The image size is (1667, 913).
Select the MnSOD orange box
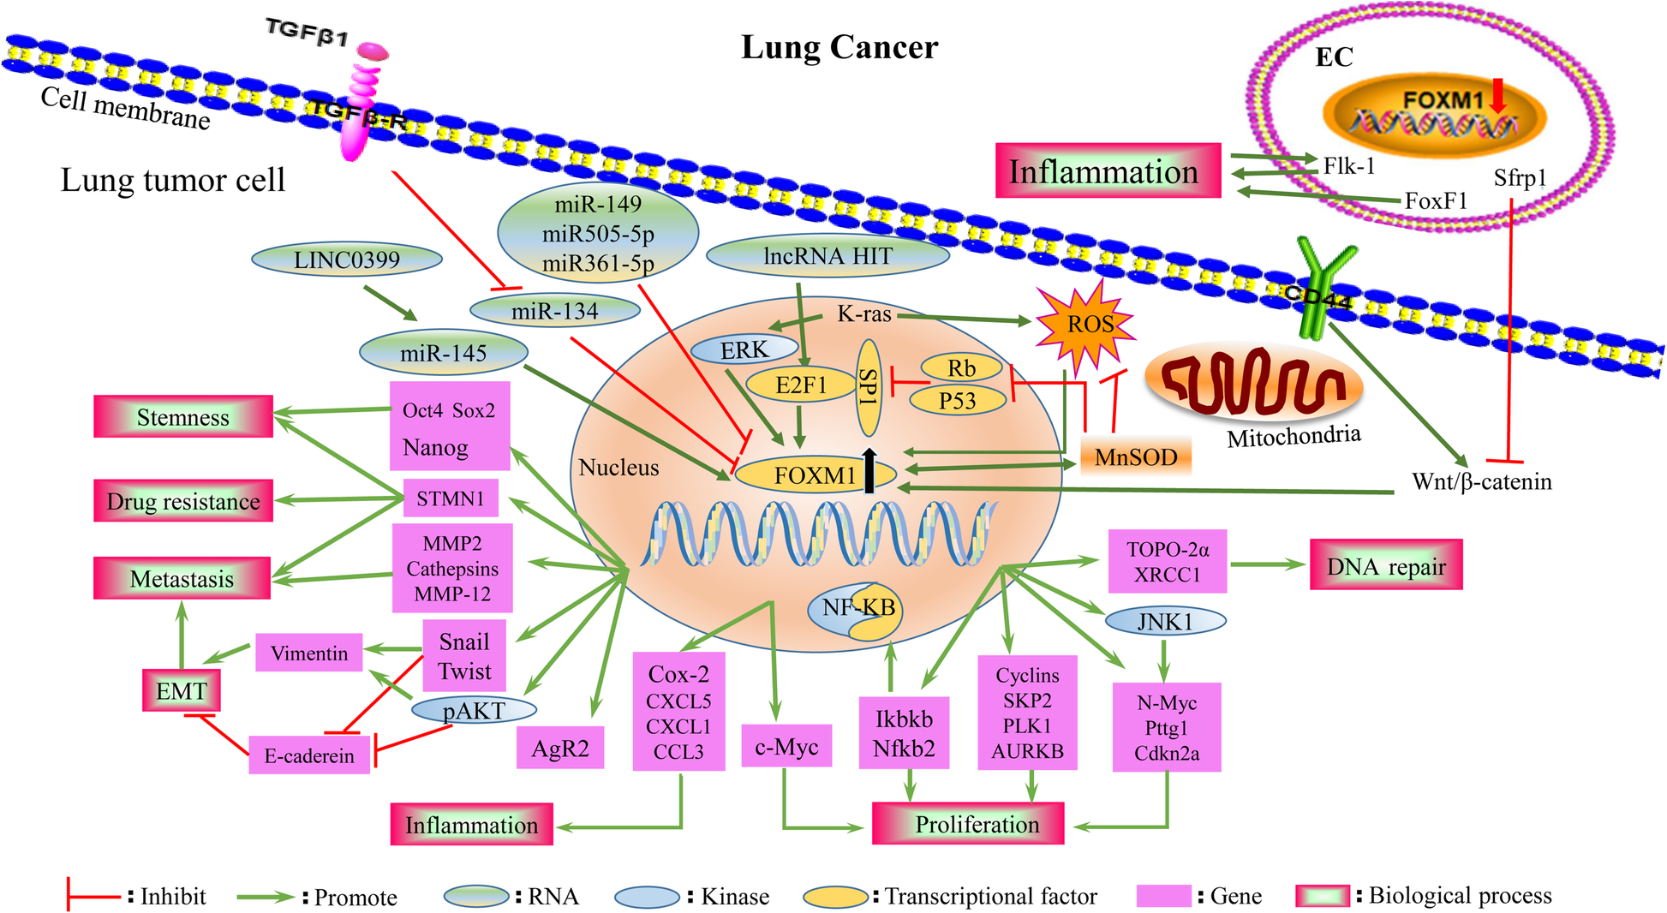pyautogui.click(x=1136, y=457)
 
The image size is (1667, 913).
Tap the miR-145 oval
pyautogui.click(x=444, y=353)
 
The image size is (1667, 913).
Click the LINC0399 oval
pyautogui.click(x=347, y=260)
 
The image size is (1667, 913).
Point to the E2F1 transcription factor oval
pyautogui.click(x=800, y=385)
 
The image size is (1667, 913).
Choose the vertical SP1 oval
pyautogui.click(x=869, y=387)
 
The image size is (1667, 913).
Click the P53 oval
pyautogui.click(x=957, y=400)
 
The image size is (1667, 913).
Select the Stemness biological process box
pyautogui.click(x=183, y=417)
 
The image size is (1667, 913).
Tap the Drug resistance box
pyautogui.click(x=183, y=501)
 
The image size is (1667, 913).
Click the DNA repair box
pyautogui.click(x=1385, y=566)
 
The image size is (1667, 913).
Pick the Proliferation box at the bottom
pyautogui.click(x=968, y=824)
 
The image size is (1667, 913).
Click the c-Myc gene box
pyautogui.click(x=786, y=747)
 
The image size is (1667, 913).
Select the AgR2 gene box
pyautogui.click(x=560, y=749)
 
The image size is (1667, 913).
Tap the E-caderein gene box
pyautogui.click(x=309, y=755)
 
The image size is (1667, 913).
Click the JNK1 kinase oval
pyautogui.click(x=1165, y=622)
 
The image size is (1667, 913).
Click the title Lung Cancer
pyautogui.click(x=839, y=47)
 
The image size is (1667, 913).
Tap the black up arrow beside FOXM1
pyautogui.click(x=869, y=470)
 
